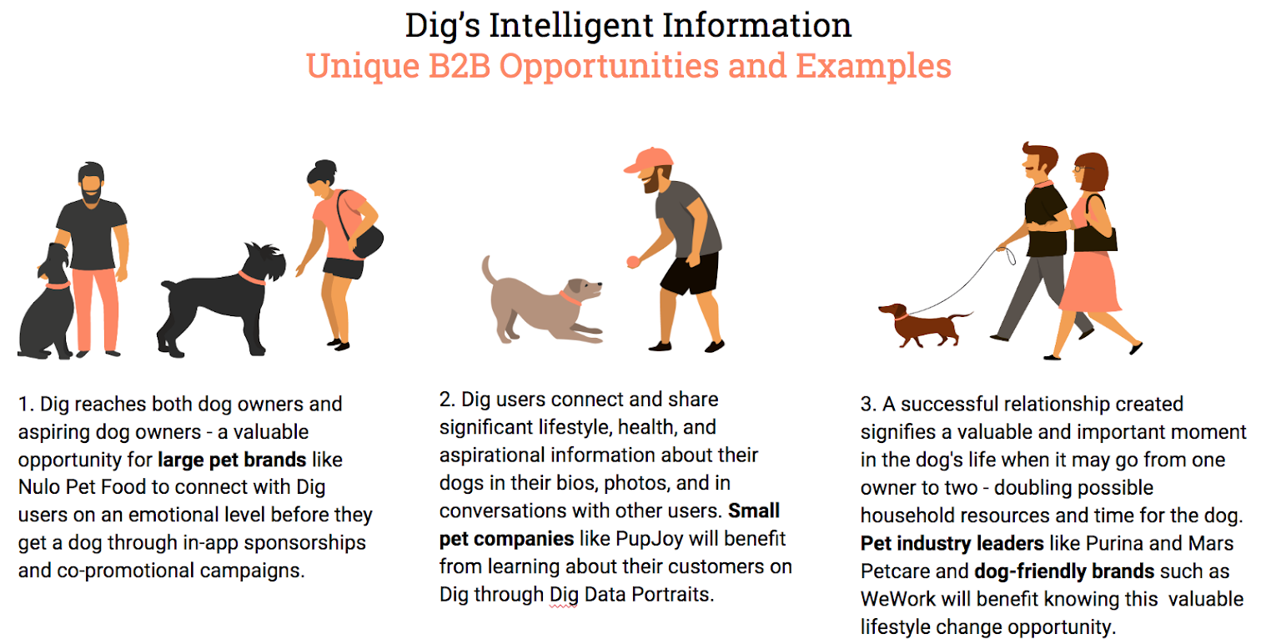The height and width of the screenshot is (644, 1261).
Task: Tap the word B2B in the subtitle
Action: (x=459, y=66)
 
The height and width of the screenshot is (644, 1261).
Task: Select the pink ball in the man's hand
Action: (x=633, y=262)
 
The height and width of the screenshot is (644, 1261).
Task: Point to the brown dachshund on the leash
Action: (x=923, y=325)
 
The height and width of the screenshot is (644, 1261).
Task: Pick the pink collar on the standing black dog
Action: (x=251, y=278)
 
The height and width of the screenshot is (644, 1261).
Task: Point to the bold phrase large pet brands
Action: (x=232, y=460)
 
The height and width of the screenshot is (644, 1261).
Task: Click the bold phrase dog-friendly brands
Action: (x=1064, y=571)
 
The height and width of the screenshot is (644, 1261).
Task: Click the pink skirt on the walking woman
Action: (x=1090, y=281)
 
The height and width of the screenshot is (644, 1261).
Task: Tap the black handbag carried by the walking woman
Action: (x=1095, y=231)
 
